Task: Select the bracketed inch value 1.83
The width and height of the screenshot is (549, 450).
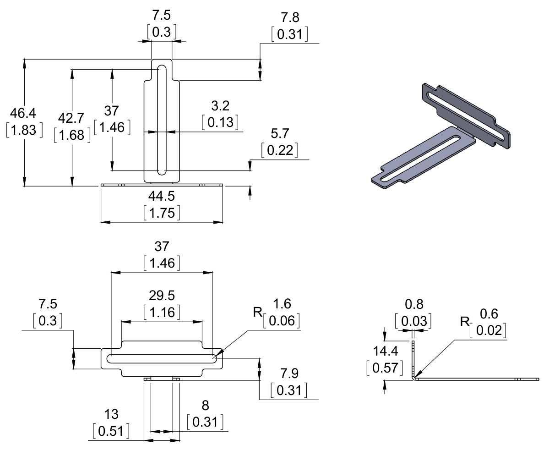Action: coord(24,130)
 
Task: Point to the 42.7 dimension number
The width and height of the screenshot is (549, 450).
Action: coord(71,118)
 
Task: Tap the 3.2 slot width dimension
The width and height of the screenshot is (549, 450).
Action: coord(220,106)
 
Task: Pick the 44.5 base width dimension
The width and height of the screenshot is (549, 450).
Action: coord(161,196)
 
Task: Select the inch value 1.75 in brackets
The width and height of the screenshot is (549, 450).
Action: coord(161,213)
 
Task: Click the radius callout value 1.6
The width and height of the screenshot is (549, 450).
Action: coord(282,304)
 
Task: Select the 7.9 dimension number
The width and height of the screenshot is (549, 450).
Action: coord(288,373)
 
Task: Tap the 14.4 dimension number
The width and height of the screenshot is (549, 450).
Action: coord(385,351)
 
